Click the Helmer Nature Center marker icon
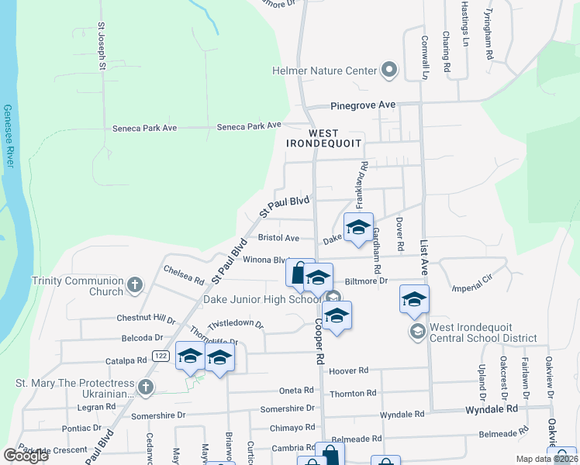tap(389, 71)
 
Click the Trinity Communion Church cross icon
tap(135, 285)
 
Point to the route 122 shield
tap(161, 356)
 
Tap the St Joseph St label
tap(101, 46)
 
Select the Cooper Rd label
tap(319, 343)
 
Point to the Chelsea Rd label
tap(183, 275)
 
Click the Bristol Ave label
tap(278, 239)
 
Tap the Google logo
tap(26, 456)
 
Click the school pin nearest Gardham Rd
tap(358, 228)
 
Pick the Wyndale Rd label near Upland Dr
tap(491, 408)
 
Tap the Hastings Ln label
tap(465, 21)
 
